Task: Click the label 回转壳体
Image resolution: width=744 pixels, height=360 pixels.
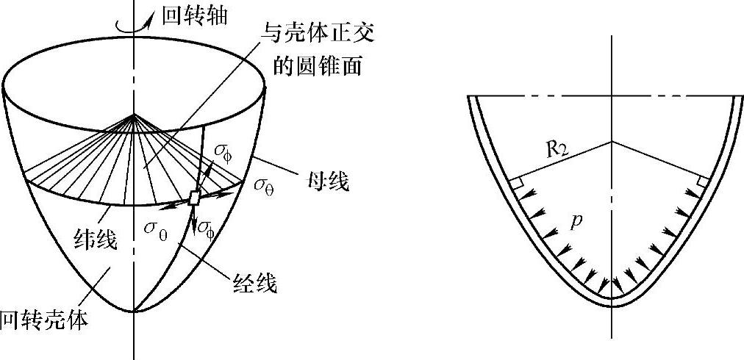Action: coord(44,320)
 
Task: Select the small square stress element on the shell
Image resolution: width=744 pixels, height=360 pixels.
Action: coord(194,198)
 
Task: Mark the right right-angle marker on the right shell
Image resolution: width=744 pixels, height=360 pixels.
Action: coord(704,181)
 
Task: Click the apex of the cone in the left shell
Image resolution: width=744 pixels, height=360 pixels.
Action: coord(134,115)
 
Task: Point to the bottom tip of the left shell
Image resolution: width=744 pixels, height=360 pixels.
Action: coord(134,312)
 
